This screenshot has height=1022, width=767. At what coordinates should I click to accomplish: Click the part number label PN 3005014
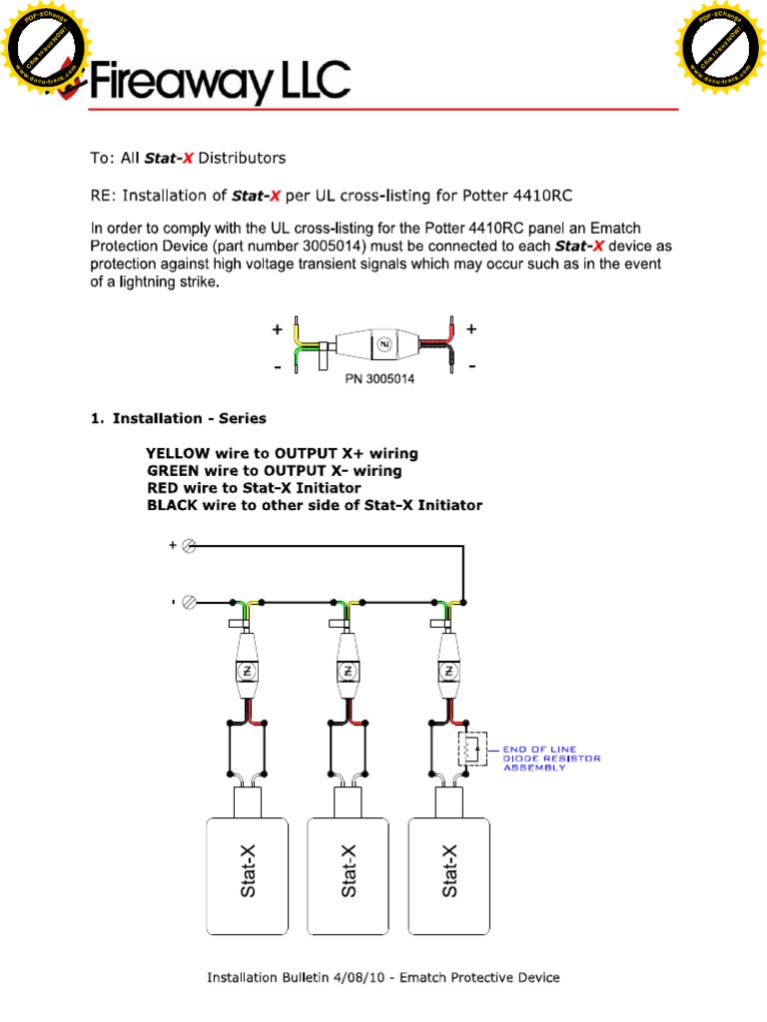(380, 379)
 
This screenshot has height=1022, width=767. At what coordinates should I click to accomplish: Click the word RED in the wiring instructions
(161, 488)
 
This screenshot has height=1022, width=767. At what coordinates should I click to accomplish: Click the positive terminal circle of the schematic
(188, 546)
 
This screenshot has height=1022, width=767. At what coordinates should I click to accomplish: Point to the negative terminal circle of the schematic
(188, 603)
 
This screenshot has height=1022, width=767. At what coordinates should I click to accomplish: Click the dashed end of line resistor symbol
(470, 748)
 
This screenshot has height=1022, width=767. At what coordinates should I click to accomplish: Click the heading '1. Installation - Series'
(179, 418)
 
